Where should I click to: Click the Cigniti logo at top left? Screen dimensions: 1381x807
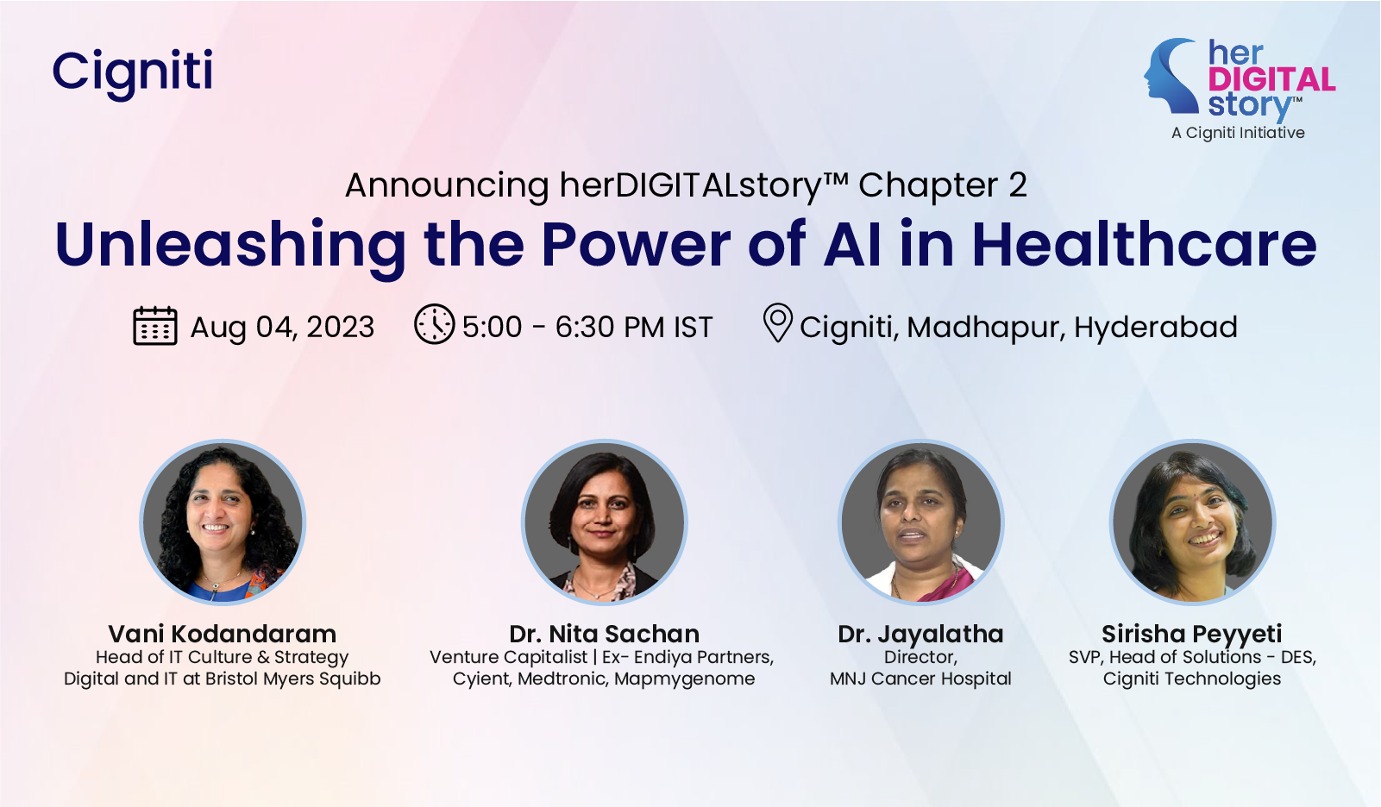133,73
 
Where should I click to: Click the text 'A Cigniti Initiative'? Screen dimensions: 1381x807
1238,133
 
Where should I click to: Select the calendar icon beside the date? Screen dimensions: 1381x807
154,325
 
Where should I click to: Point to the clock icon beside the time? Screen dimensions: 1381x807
434,324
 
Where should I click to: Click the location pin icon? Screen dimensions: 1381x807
777,322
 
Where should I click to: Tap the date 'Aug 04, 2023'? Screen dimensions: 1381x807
282,327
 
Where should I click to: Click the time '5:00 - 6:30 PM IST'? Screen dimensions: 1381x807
587,327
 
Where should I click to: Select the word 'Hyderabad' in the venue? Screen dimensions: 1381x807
1156,327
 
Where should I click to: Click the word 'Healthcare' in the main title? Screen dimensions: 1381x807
1145,244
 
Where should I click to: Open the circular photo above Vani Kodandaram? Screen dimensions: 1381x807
223,522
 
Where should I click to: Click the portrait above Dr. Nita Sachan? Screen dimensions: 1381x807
604,522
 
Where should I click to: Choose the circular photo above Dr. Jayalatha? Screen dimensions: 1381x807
921,522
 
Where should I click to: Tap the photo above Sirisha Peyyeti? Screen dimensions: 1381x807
1192,522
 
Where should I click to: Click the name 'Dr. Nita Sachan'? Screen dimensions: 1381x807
604,634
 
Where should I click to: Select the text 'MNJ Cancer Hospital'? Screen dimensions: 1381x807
920,679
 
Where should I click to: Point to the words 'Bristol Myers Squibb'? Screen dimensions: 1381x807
292,679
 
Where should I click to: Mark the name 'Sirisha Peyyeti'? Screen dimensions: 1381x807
1192,635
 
